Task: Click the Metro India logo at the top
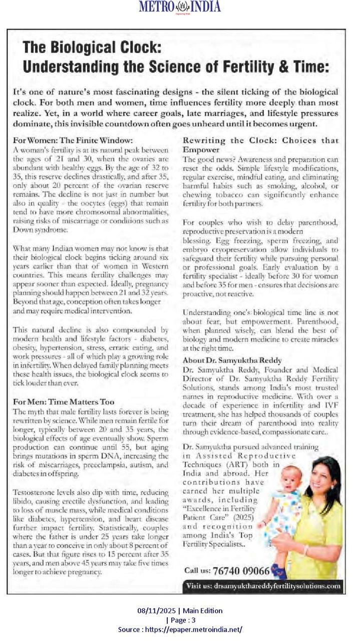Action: tap(179, 7)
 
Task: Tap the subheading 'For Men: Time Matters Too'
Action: tap(64, 402)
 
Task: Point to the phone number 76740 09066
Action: tap(241, 570)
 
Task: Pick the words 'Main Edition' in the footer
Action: tap(203, 610)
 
